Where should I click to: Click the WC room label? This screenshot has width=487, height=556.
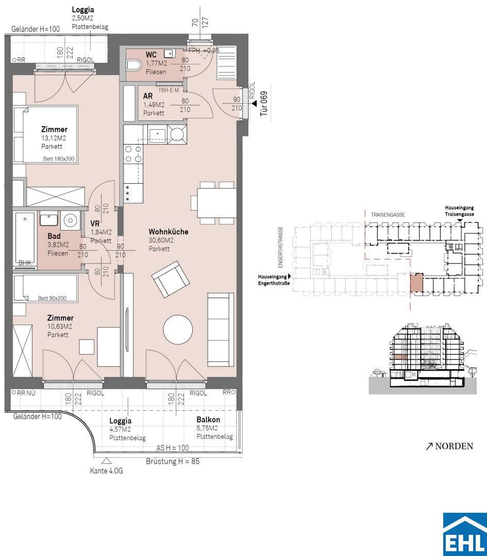tap(151, 55)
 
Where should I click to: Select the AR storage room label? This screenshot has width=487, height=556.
tap(148, 96)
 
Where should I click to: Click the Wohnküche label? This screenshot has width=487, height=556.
tap(168, 232)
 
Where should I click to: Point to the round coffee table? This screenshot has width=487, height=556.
tap(178, 329)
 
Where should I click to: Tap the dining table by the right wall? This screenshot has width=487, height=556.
tap(217, 203)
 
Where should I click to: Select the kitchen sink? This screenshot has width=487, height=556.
tap(157, 135)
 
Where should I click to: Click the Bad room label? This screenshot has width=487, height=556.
tap(54, 236)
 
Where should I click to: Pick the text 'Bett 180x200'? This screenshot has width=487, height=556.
tap(59, 159)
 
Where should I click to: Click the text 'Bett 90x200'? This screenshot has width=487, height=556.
tap(52, 299)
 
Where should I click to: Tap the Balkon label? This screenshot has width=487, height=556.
tap(208, 420)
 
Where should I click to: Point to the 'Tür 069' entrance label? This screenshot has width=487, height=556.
tap(264, 103)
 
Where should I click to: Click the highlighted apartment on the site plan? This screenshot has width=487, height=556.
tap(417, 283)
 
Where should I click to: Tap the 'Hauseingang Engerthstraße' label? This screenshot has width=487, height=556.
tap(274, 280)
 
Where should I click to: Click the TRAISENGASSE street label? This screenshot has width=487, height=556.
tap(388, 215)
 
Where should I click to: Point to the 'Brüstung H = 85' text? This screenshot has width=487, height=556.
tap(173, 461)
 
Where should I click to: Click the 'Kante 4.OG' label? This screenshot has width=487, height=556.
tap(107, 471)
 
